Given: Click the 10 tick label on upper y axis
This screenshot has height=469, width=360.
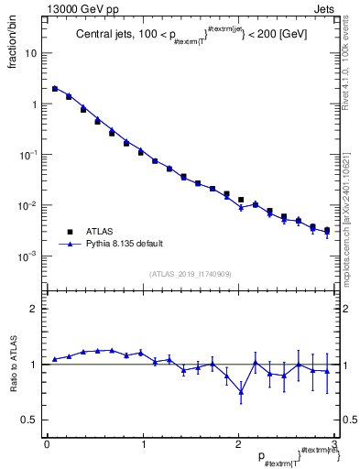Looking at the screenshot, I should click(x=31, y=53).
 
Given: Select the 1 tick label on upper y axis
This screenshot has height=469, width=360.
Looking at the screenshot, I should click(x=34, y=104).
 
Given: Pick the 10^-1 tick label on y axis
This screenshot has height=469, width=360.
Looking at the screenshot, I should click(x=29, y=154).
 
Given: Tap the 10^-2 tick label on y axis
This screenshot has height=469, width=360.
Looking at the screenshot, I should click(x=29, y=205).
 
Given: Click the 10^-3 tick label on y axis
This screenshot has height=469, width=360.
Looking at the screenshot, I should click(x=29, y=256).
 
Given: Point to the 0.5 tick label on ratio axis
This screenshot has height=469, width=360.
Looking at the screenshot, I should click(x=30, y=420).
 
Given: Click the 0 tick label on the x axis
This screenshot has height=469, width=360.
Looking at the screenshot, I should click(x=47, y=444).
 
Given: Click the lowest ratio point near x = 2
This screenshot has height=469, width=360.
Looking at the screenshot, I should click(x=241, y=391).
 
